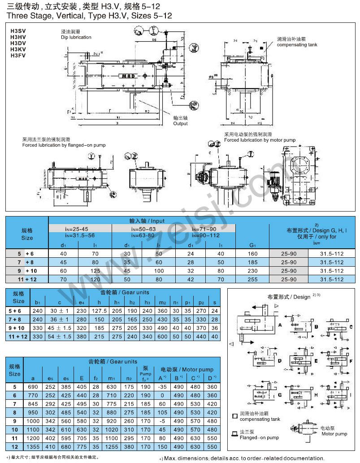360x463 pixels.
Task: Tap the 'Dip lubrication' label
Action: coord(76,37)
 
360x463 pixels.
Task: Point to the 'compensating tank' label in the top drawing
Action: coord(297,45)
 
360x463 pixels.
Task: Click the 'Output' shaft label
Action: coord(180,123)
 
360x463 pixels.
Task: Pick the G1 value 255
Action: coord(252,279)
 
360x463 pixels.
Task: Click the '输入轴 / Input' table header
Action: coord(159,221)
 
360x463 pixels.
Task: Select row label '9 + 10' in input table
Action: coord(26,270)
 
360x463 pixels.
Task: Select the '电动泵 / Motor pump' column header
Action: coord(187,369)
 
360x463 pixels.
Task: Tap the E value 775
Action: coord(81,446)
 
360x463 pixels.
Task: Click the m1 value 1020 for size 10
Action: coord(111,429)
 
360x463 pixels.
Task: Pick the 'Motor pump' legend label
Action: coord(334,434)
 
